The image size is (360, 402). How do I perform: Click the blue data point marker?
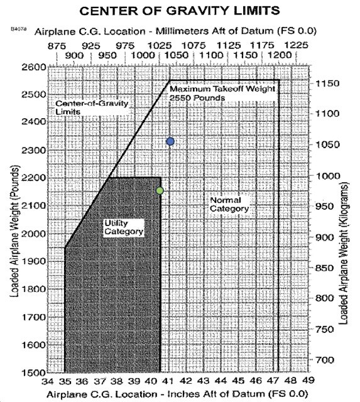coord(170,141)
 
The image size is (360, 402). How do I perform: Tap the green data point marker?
coord(160,190)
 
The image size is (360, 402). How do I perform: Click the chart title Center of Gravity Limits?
coord(179,11)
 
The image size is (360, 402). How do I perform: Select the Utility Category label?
coord(122,227)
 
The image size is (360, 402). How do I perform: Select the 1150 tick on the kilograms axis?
coord(328,84)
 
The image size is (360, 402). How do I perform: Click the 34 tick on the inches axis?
coord(48,381)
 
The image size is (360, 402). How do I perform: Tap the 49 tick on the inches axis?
coord(307,381)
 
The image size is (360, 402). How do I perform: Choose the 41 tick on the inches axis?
coord(169,381)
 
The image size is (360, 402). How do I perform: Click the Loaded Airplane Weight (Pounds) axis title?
coord(13,231)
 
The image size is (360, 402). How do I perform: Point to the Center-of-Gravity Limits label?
coord(91,107)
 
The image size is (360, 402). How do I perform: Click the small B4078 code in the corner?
coord(18,30)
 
